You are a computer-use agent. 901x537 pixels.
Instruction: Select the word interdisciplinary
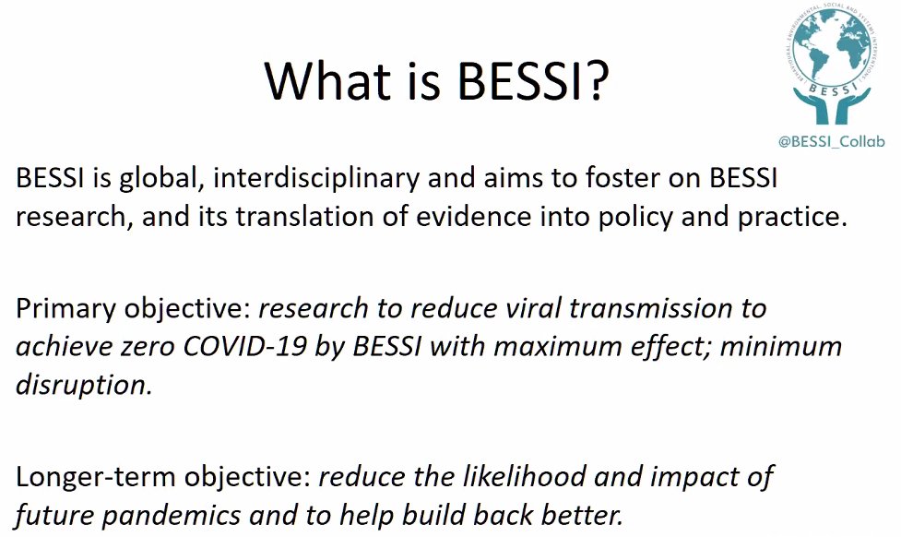(363, 179)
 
